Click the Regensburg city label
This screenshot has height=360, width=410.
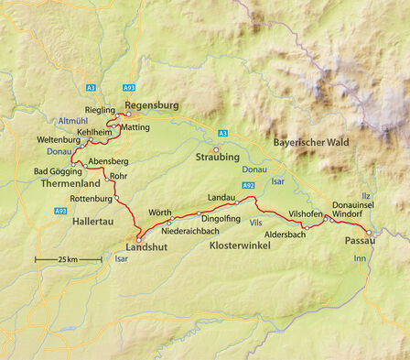151,105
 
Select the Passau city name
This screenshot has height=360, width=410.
361,241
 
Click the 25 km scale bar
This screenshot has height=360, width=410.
69,260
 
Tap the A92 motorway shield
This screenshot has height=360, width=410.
249,185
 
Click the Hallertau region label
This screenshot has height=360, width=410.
95,222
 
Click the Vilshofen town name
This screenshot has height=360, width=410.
307,213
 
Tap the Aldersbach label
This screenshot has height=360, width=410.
284,235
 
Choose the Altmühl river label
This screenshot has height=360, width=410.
72,121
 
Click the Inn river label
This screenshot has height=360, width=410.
359,259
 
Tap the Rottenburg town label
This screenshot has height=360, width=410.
91,199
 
